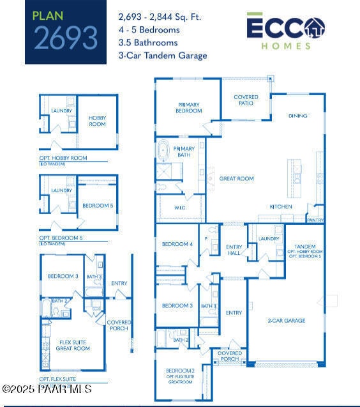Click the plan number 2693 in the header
(66, 38)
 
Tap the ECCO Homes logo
(285, 30)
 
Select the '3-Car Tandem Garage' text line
(163, 56)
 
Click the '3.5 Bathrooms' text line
(149, 43)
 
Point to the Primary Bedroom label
(188, 107)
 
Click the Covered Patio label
(246, 100)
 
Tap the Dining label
(297, 116)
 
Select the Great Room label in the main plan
(237, 179)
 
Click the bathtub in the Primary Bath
(165, 151)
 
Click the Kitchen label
(281, 207)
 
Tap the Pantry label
(315, 220)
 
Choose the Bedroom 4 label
(177, 244)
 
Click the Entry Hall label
(234, 250)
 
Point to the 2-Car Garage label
(286, 321)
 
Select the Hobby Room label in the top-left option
(97, 120)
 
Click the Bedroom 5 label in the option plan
(98, 206)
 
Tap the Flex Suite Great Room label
(73, 345)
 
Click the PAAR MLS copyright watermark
(47, 388)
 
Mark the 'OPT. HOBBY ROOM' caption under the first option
(72, 158)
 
